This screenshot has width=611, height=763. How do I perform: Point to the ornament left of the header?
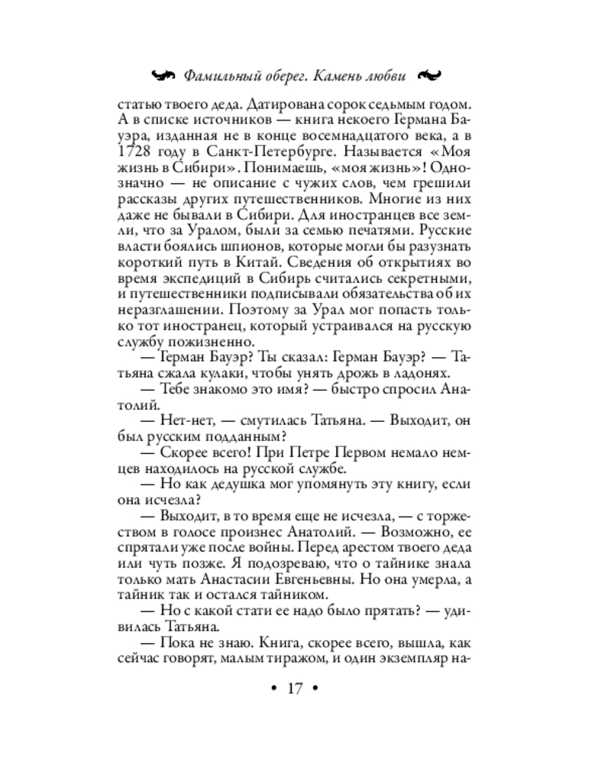[x=166, y=75]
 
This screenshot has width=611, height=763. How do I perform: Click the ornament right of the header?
[x=430, y=75]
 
